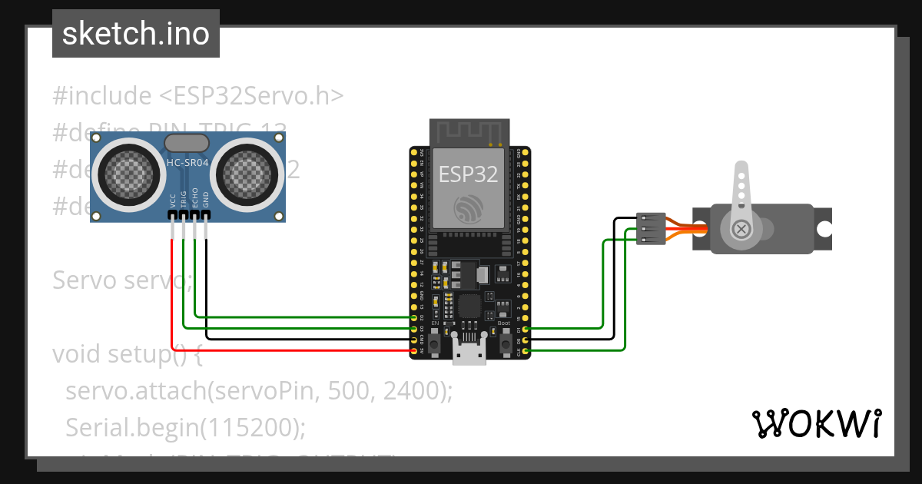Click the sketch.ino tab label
[136, 34]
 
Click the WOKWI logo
[815, 423]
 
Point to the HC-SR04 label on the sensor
[186, 163]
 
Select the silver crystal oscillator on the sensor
[186, 143]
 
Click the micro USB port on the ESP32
[468, 356]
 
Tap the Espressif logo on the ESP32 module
[468, 208]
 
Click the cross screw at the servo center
[741, 229]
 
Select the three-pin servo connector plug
[651, 229]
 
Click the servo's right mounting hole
[824, 229]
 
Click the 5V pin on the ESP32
[415, 350]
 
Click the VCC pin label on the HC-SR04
[173, 201]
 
